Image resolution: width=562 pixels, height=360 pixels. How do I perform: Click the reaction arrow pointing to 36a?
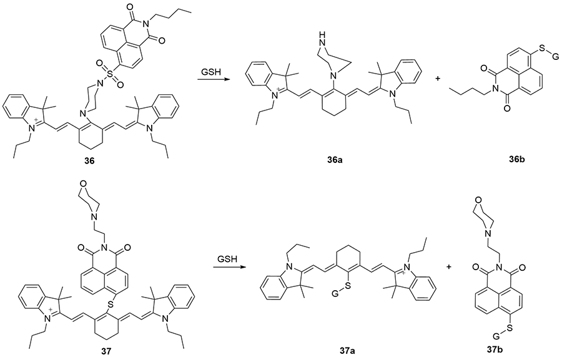210,81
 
